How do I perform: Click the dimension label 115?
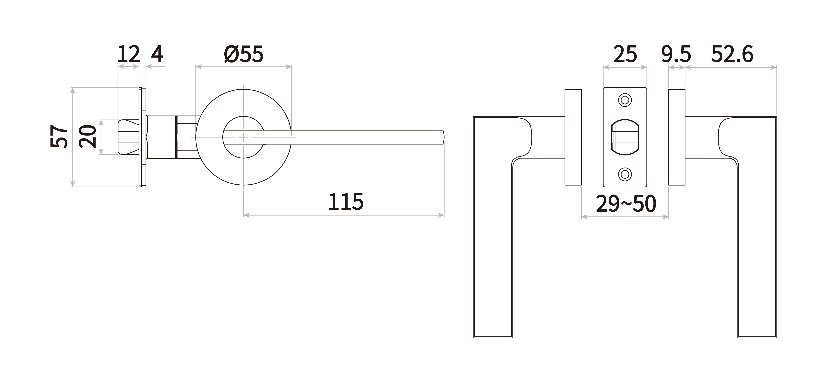[x=346, y=202]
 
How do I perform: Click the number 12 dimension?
[x=128, y=54]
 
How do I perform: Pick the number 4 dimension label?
[x=157, y=54]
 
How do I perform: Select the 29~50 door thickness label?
[x=626, y=204]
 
